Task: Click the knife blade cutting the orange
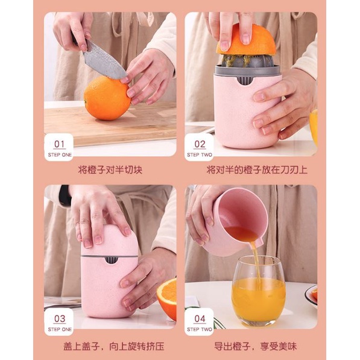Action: click(103, 61)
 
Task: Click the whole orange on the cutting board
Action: click(107, 98)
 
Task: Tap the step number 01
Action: click(59, 144)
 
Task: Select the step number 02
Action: click(200, 144)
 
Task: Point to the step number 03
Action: click(60, 318)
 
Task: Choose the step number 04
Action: click(200, 318)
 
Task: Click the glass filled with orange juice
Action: click(259, 291)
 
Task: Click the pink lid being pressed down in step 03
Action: click(110, 241)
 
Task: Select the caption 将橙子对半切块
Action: click(110, 170)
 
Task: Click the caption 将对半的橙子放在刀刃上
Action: click(257, 170)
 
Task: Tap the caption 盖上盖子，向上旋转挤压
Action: click(114, 347)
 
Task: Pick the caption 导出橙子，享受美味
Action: click(255, 347)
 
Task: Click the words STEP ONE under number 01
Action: click(60, 155)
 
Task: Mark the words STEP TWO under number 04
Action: click(200, 329)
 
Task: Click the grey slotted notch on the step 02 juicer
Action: click(244, 80)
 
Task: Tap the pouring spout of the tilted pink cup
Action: click(257, 243)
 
